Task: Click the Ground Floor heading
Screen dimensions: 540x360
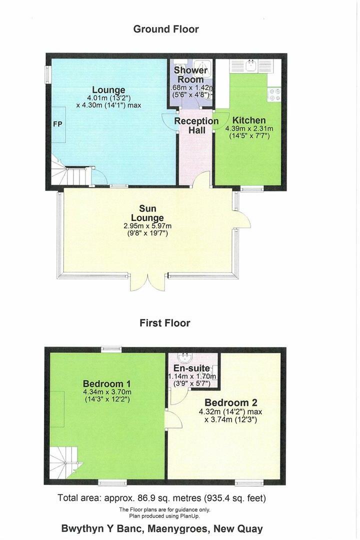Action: coord(165,29)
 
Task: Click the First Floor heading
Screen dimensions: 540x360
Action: coord(164,323)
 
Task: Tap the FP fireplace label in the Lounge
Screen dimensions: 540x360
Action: coord(57,123)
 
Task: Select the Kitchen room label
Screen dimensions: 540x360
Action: coord(248,120)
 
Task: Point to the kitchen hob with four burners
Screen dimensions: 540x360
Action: coord(274,94)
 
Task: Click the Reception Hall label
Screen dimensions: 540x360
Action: coord(196,126)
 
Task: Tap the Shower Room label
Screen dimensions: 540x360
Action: coord(190,75)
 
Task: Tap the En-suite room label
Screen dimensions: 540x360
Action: coord(192,368)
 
